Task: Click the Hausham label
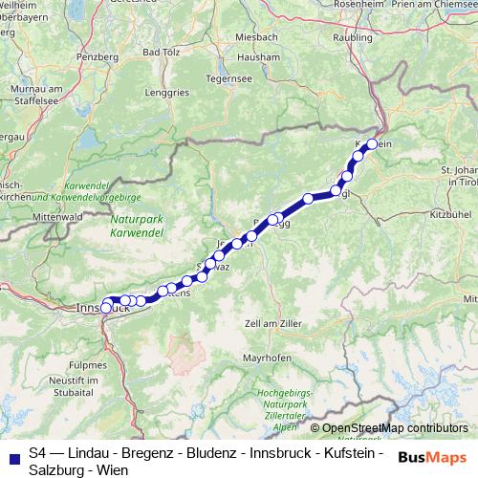260,56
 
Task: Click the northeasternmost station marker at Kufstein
372,144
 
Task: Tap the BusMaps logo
432,457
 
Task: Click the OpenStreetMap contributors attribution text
394,428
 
